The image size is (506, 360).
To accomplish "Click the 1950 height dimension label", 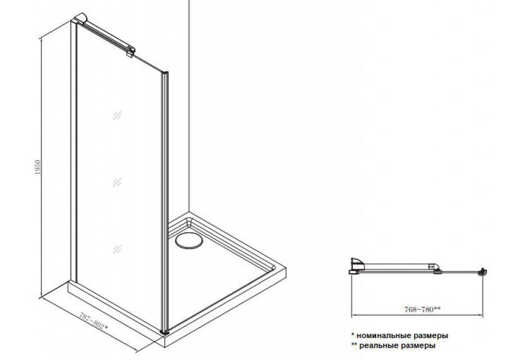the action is (38, 167).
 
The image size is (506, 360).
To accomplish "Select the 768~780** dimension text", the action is (422, 309).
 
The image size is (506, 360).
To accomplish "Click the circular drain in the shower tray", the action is (189, 240).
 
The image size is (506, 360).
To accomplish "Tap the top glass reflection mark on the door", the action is (117, 115).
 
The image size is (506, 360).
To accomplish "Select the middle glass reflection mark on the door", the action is (117, 182).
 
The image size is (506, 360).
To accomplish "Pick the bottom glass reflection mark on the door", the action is (117, 249).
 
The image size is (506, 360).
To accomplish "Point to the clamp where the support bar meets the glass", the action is (130, 52).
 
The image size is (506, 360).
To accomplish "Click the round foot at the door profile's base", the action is (165, 331).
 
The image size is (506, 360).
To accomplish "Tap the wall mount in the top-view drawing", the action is (357, 265).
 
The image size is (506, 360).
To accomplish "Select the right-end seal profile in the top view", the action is (482, 272).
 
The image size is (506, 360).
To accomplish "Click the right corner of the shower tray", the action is (286, 267).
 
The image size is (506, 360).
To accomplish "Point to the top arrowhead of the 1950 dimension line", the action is (40, 39).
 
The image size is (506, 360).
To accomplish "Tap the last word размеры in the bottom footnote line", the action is (418, 346).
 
